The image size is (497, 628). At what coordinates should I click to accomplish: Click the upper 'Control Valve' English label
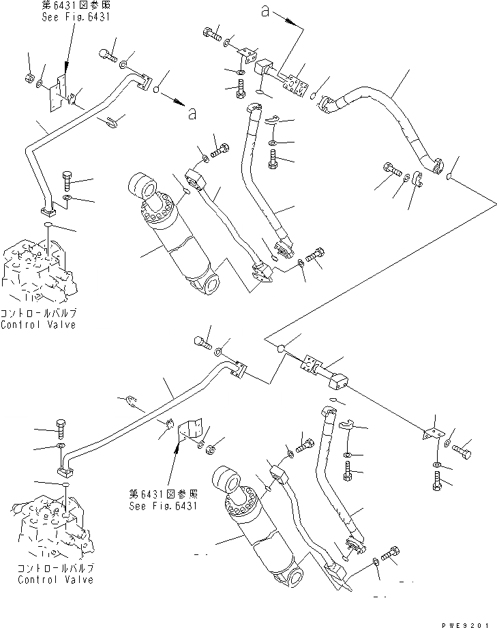coord(38,325)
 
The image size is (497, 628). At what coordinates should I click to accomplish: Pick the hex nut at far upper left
coord(29,77)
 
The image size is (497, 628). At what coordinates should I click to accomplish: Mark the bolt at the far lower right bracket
coord(463,450)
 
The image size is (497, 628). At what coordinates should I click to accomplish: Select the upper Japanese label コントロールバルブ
coord(38,314)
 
